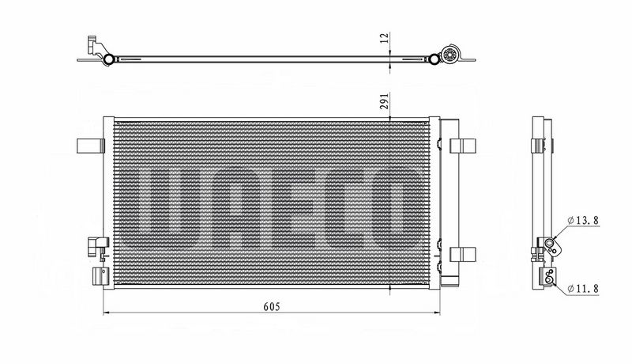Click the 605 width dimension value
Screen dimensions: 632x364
271,307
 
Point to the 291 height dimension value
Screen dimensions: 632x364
385,100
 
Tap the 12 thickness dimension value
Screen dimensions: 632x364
385,37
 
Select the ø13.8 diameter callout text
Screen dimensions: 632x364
583,220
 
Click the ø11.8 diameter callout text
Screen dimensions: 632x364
583,289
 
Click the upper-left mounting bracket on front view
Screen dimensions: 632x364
90,146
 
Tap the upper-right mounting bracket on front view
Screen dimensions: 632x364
463,146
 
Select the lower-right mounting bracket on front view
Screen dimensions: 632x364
463,254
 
